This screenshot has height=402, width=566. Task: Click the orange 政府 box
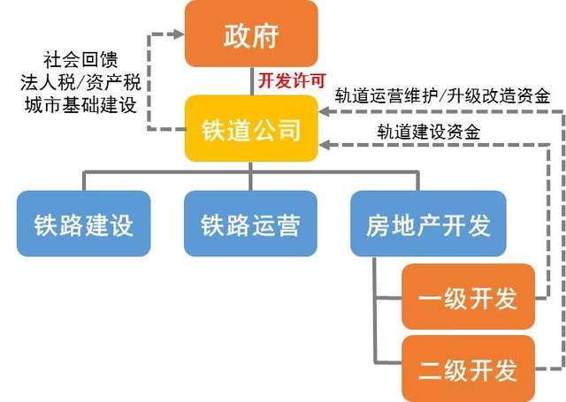(251, 34)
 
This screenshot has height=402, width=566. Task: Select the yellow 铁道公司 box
(251, 128)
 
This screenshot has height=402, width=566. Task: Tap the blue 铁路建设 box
(83, 224)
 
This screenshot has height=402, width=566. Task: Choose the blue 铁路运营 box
(250, 224)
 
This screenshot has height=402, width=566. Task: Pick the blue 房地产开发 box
(428, 224)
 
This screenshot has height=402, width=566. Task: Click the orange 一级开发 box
(468, 296)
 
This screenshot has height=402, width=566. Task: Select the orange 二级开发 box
(468, 368)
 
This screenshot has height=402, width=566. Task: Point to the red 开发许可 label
(292, 80)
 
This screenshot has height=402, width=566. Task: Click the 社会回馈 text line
(80, 60)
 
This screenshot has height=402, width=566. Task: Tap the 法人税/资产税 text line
(80, 82)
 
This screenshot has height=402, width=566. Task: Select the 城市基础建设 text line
(80, 105)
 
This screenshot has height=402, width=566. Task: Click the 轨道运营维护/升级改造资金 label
(442, 96)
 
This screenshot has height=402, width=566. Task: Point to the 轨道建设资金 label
(429, 132)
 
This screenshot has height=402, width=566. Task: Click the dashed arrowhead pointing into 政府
(179, 34)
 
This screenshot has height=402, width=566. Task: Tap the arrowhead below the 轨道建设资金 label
(325, 145)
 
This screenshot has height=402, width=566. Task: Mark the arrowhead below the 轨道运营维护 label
(325, 111)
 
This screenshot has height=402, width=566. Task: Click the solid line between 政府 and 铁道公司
(251, 81)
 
